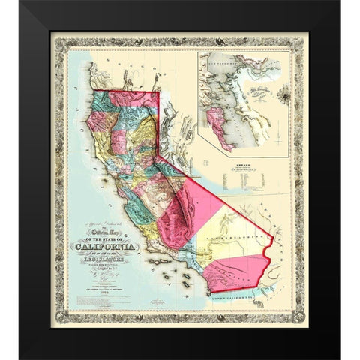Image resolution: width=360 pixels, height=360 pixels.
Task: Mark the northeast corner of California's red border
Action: click(x=160, y=93)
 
